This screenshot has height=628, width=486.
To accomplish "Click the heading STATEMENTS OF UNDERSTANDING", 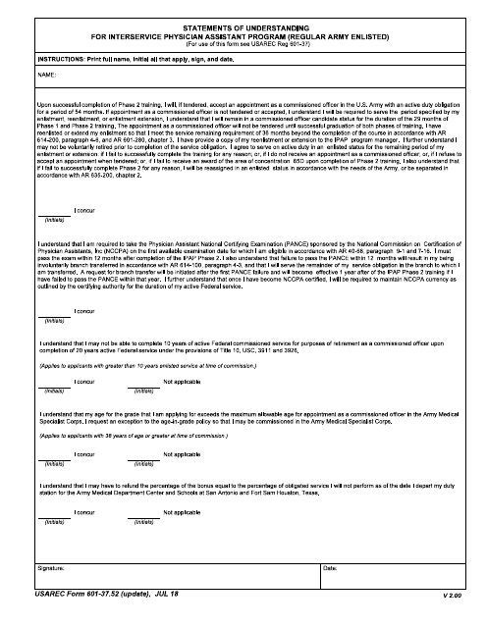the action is [x=243, y=30].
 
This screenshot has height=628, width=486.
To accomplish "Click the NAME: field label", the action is [x=45, y=75].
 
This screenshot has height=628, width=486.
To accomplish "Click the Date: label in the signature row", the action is [x=329, y=568].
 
